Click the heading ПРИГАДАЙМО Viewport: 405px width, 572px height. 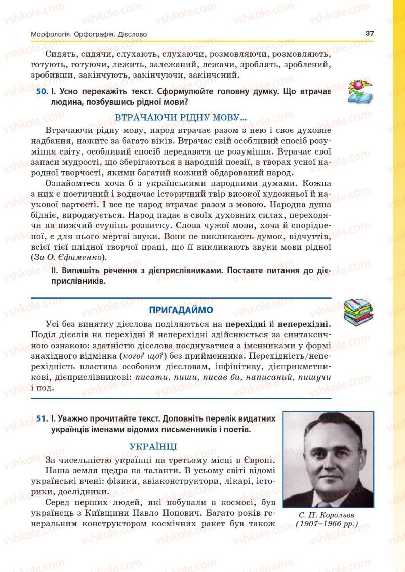181,310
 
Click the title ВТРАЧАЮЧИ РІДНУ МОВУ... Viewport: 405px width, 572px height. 181,118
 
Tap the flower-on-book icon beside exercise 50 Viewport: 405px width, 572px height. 359,92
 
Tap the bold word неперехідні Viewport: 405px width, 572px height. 303,323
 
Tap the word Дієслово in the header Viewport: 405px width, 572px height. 131,34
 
